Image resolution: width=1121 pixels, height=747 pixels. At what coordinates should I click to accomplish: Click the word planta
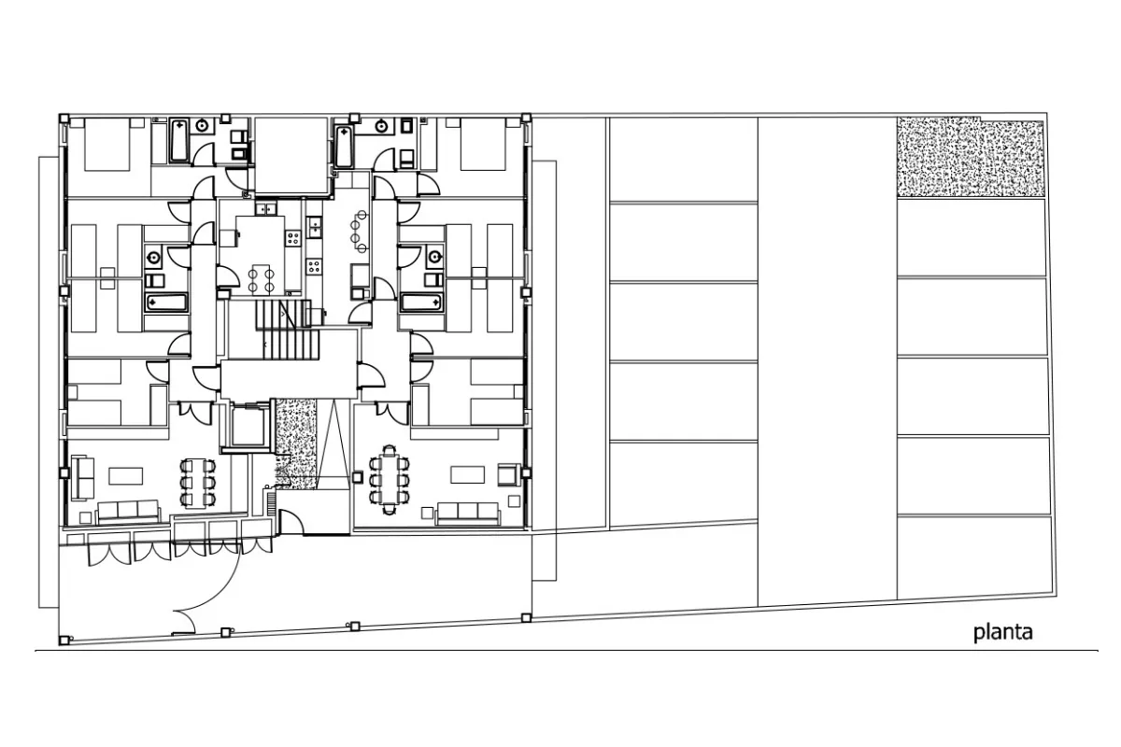tap(1003, 632)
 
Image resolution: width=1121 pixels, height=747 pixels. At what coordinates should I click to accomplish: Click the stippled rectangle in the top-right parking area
tap(971, 157)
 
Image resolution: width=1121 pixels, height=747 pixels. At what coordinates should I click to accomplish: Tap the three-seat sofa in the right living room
tap(467, 512)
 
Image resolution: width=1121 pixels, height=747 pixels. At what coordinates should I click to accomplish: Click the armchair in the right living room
tap(509, 475)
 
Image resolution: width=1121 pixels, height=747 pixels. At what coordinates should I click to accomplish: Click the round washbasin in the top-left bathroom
tap(202, 126)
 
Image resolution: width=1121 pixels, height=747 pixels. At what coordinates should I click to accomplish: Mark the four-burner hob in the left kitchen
tap(292, 238)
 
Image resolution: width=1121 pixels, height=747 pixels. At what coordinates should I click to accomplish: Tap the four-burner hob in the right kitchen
tap(314, 266)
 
